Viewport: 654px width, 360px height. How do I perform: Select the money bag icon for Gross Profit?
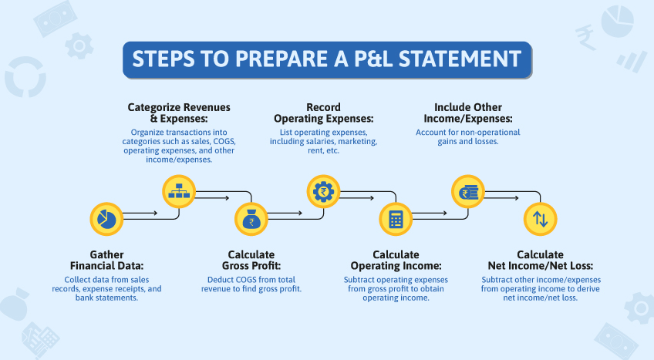[x=250, y=220]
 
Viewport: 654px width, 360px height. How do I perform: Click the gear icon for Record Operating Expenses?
[x=322, y=190]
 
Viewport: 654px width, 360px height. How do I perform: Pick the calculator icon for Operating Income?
[x=396, y=220]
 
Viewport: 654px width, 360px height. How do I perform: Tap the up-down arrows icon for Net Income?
[x=540, y=219]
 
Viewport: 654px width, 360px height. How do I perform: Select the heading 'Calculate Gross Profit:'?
[x=251, y=261]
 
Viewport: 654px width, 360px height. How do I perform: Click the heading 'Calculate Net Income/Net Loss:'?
[x=541, y=261]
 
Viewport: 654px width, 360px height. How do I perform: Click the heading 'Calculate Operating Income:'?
[x=396, y=261]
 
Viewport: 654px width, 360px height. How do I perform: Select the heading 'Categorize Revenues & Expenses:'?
[x=179, y=113]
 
